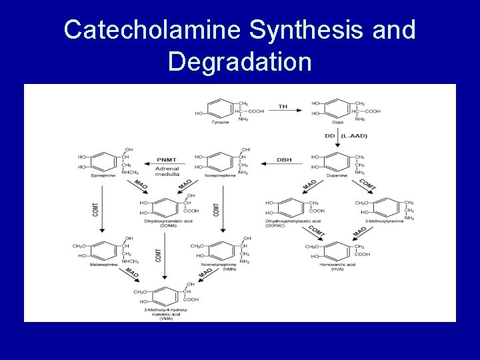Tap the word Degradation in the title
[x=239, y=61]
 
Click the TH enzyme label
[x=283, y=107]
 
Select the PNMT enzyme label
[x=167, y=160]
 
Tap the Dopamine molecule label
[x=339, y=175]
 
